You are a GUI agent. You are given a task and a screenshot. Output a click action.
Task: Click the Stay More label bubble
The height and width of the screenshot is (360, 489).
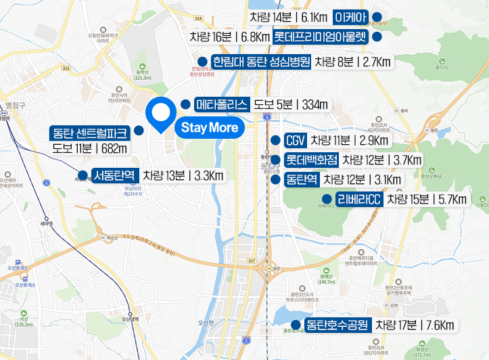click(209, 127)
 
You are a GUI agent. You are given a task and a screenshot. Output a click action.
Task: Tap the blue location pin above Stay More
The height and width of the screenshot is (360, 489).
click(161, 114)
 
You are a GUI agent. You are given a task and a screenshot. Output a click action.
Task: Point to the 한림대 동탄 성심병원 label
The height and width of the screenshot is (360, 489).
click(261, 62)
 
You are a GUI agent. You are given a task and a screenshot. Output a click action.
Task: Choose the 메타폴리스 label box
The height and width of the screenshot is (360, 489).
click(222, 105)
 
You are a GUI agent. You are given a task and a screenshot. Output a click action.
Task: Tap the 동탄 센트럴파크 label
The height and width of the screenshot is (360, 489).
click(91, 131)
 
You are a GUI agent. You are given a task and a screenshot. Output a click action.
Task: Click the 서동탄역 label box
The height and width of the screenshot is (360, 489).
click(116, 176)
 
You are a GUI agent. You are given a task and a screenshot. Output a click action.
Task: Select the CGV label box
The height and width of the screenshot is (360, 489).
click(295, 141)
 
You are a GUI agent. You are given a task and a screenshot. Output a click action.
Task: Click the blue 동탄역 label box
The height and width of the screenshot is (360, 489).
click(301, 179)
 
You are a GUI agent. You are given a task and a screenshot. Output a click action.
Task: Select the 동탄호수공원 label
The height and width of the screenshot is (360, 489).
click(336, 325)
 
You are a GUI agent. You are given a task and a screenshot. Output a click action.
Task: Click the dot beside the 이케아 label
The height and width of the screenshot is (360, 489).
click(377, 16)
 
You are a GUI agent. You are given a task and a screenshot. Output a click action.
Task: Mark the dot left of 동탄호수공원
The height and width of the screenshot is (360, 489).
click(294, 325)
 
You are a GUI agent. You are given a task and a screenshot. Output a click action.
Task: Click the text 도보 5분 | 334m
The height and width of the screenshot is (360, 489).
click(290, 105)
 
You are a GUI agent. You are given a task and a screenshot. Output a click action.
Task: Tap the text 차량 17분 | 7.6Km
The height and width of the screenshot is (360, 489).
click(415, 325)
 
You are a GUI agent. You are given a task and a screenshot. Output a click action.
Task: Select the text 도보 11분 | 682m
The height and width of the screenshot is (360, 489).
click(90, 148)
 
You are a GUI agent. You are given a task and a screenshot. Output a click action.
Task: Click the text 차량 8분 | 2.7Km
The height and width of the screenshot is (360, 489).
click(353, 62)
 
